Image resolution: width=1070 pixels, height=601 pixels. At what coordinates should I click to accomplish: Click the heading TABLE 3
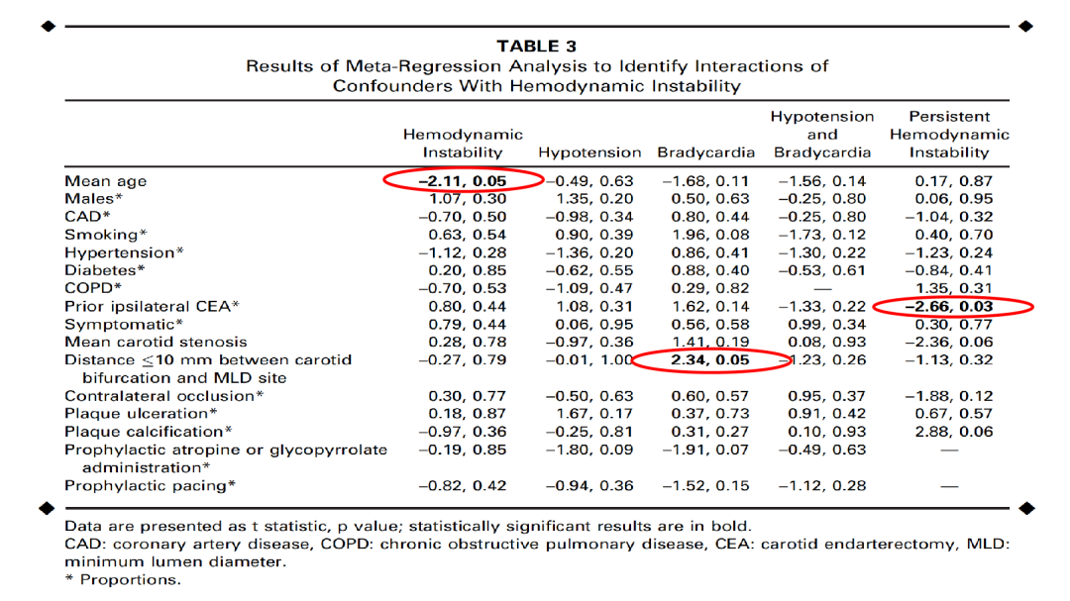tap(536, 47)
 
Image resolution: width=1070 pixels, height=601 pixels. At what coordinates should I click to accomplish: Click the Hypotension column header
tap(589, 152)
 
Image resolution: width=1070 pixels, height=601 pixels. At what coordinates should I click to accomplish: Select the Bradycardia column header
tap(705, 152)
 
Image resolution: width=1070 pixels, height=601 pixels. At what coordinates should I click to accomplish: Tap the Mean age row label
tap(105, 181)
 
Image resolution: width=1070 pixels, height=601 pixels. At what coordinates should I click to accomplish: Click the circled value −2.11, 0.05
tap(463, 181)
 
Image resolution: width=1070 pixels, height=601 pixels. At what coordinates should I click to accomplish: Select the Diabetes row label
tap(105, 270)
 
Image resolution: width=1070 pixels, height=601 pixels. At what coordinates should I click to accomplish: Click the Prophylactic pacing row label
tap(150, 485)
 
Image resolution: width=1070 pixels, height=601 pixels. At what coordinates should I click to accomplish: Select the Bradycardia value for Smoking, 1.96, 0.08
tap(706, 235)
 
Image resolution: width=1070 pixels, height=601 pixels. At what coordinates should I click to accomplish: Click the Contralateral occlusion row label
tap(163, 396)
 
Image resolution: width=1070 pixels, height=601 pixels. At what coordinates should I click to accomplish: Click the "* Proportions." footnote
tap(123, 580)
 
